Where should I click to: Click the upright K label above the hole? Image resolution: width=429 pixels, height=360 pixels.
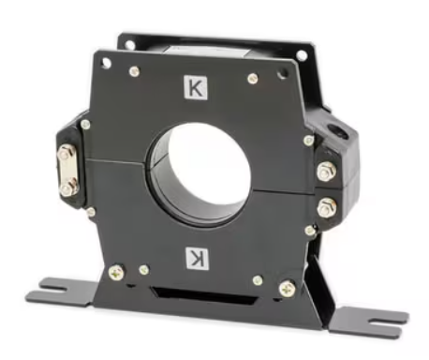point(196,88)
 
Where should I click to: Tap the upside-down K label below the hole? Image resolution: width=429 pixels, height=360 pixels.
point(197,258)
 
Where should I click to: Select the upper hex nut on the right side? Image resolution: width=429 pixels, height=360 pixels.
point(327,172)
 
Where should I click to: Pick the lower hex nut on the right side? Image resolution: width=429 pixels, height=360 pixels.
point(327,207)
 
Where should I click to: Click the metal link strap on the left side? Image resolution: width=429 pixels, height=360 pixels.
point(67,171)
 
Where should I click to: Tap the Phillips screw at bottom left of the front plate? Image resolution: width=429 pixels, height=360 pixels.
point(116,272)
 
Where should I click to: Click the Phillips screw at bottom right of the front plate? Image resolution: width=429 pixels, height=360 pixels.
point(288,289)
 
